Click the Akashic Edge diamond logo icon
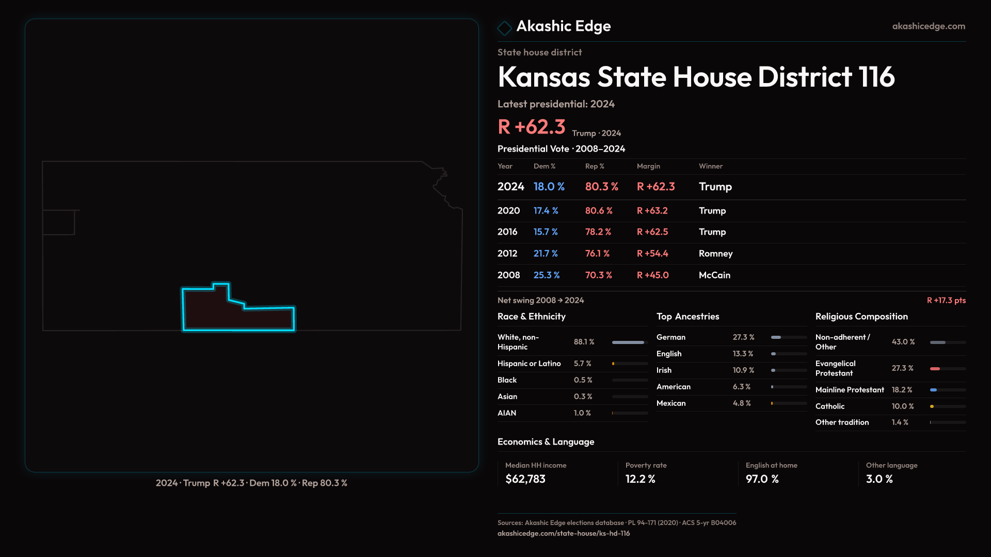[504, 27]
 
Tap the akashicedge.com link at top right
[929, 26]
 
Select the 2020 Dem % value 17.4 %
[546, 211]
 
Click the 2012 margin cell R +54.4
[652, 254]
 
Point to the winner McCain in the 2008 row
[714, 275]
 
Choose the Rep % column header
[595, 166]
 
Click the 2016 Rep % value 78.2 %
[598, 232]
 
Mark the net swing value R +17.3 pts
[946, 300]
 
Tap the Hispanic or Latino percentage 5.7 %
[583, 364]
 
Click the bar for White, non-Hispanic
[628, 342]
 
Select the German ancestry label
[671, 337]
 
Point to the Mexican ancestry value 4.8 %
[742, 403]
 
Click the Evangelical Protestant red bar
[935, 369]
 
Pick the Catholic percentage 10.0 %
[903, 406]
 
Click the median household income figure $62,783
[525, 479]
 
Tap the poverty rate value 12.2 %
[641, 479]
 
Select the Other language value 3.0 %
[880, 479]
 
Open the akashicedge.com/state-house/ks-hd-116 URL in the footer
[564, 533]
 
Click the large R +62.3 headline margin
[532, 127]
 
